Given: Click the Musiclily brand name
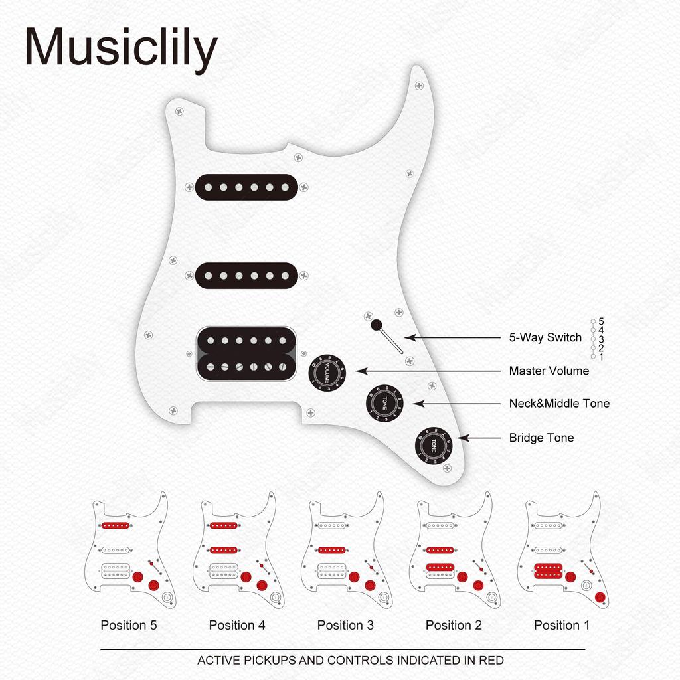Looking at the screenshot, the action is pos(121,47).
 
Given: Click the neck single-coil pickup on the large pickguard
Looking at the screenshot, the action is pos(246,187).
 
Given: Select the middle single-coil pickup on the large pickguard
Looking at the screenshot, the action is pos(246,276).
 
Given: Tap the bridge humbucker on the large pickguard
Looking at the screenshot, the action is pos(246,354).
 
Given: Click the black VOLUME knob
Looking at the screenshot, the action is pos(327,372).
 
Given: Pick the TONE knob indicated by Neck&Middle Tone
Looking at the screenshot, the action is pos(384,403).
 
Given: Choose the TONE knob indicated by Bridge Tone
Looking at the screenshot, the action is pos(434,445).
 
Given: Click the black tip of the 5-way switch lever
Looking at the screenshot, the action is pos(377,325).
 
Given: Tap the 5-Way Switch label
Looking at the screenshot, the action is pos(545,337).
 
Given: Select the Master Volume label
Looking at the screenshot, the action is pos(549,371).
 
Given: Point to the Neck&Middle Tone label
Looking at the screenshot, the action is pos(559,404).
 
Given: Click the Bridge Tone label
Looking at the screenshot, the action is pos(541,438).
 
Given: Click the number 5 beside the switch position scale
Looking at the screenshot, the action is pos(601,321).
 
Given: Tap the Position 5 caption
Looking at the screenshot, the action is pos(129,625).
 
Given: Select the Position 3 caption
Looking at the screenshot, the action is pos(345,625).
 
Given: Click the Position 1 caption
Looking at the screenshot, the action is pos(562,625).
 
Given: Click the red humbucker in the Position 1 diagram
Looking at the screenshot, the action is pos(548,571).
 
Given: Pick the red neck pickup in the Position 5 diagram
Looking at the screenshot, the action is pos(116,526).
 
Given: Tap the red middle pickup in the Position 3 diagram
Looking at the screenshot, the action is pos(332,550).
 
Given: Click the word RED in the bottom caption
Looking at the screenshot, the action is pos(491,661).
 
